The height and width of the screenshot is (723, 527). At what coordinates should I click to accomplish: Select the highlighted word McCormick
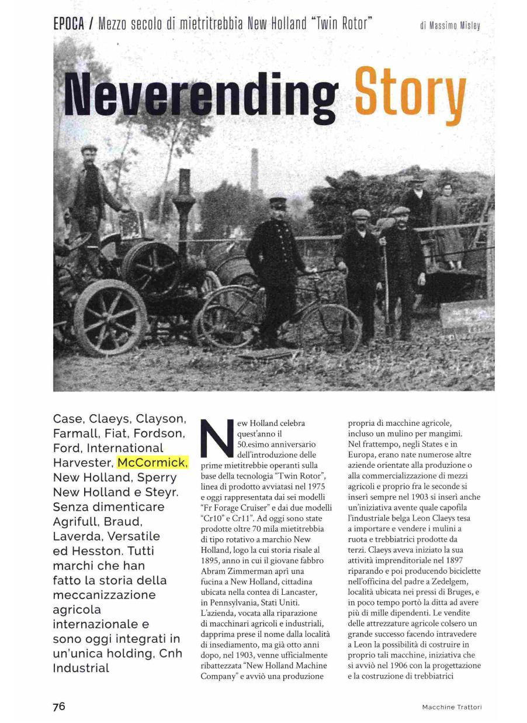coord(152,463)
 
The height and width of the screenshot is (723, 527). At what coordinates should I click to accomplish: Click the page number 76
coord(59,706)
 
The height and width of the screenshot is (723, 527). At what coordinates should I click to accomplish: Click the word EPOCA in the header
coord(69,24)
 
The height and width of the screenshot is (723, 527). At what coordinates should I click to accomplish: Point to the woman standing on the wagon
coord(446,225)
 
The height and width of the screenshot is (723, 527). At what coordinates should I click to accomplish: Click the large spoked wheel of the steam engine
coord(110,316)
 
